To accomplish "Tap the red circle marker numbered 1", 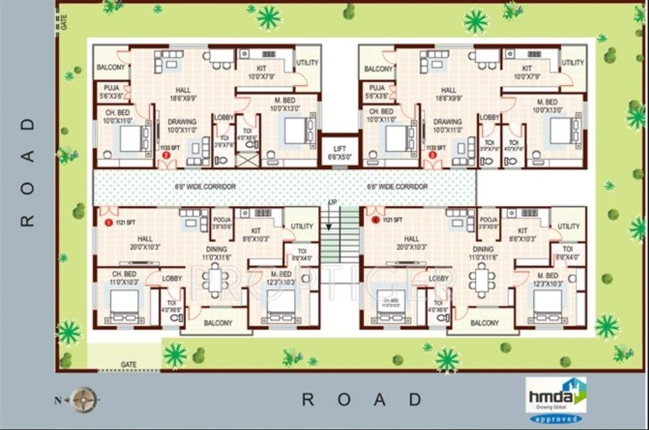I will coord(108,223).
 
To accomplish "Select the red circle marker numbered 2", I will coord(166,155).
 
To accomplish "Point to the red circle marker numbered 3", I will coord(433,155).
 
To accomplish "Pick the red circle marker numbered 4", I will coord(375,220).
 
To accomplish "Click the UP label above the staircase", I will coord(333,202).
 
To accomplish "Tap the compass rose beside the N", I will coord(87,399).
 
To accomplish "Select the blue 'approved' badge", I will coord(555,419).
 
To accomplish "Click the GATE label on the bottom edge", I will coord(128,364).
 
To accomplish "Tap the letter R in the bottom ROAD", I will coord(309,399).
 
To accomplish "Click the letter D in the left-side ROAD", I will coord(28,126).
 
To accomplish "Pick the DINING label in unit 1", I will coord(217,249).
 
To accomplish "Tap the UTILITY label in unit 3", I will coord(573,63).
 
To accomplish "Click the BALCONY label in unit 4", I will coord(485,323).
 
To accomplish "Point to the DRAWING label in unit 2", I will coord(182,121).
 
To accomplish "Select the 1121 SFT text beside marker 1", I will coord(126,223).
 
